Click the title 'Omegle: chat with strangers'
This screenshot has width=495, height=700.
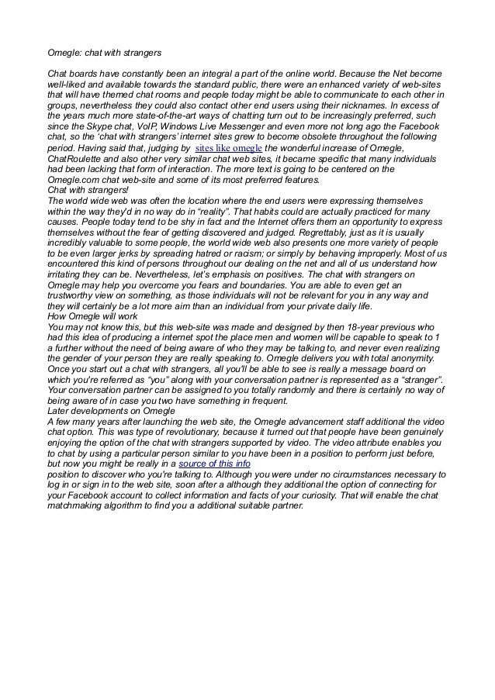[x=104, y=53]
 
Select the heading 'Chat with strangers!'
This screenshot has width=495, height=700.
[x=88, y=189]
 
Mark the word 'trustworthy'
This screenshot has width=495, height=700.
[x=74, y=295]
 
